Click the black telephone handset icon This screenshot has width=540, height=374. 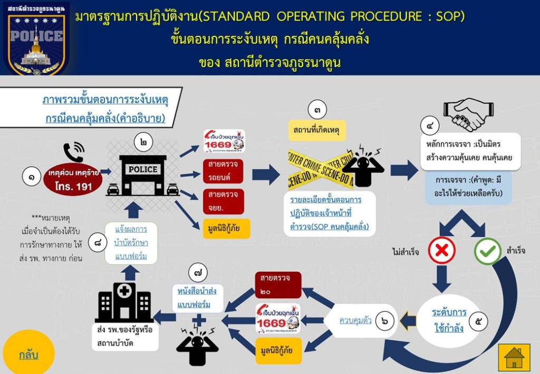click(x=73, y=152)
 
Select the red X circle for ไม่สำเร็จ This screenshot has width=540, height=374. click(x=441, y=251)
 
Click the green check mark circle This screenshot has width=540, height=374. click(x=488, y=251)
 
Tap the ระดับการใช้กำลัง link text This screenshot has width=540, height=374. click(x=448, y=320)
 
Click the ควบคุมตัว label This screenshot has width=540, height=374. click(x=356, y=320)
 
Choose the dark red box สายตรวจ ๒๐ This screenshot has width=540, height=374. click(x=277, y=285)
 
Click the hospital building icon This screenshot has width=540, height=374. click(x=124, y=302)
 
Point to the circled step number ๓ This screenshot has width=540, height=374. click(x=317, y=110)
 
